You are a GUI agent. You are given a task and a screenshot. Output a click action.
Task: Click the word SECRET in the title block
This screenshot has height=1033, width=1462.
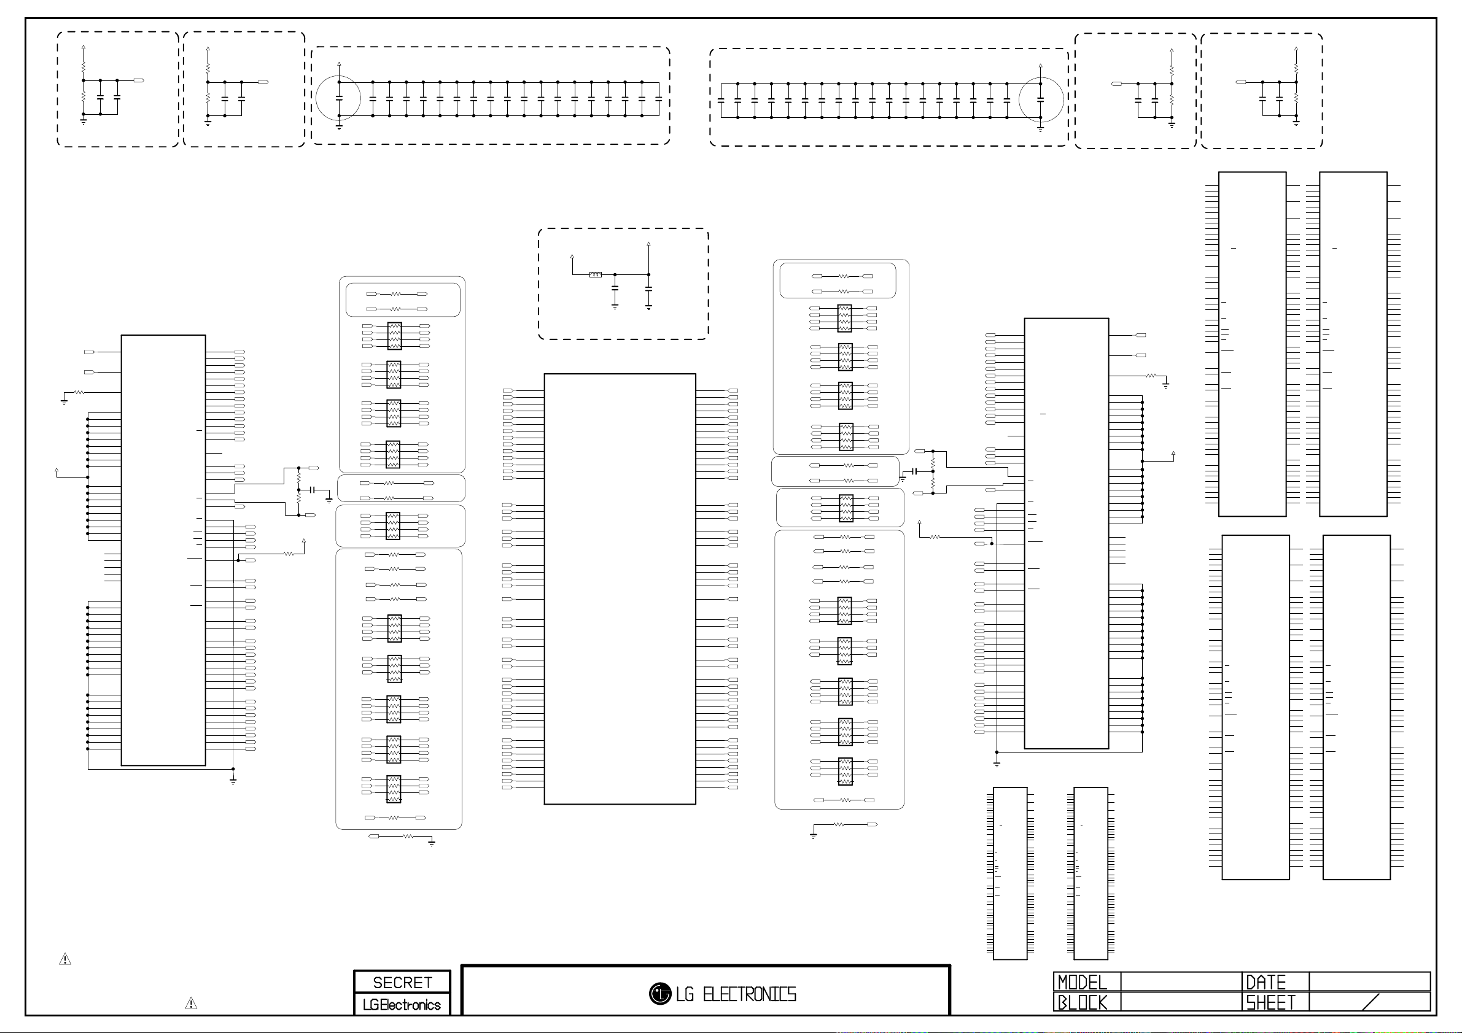402,983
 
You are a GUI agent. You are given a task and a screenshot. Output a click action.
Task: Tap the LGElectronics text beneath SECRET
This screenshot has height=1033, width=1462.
402,1005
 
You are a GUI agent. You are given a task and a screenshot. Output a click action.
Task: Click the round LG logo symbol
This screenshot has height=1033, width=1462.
659,994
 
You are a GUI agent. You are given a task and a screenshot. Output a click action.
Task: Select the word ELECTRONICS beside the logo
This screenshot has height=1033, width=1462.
749,994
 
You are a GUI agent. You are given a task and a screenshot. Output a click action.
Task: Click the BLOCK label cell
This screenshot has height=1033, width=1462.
1082,1002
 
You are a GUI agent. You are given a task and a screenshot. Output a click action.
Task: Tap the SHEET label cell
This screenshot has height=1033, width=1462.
1270,1002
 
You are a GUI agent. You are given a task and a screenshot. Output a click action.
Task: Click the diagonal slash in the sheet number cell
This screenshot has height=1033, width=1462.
1371,1002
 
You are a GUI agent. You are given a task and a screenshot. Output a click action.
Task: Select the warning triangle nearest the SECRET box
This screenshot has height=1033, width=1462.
190,1004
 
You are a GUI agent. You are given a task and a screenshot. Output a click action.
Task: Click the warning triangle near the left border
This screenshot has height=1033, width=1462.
65,959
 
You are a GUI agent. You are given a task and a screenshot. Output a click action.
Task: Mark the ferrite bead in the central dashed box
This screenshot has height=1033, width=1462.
596,274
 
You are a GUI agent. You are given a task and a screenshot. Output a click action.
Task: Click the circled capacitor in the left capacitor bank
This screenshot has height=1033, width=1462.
339,98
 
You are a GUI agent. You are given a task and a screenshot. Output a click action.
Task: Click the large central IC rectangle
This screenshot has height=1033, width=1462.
620,589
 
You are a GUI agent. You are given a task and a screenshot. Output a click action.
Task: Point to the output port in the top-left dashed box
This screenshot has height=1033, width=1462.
139,81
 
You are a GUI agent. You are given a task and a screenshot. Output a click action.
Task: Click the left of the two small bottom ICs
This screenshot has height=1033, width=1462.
1010,873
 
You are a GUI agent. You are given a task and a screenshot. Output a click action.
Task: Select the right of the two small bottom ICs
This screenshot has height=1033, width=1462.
1091,873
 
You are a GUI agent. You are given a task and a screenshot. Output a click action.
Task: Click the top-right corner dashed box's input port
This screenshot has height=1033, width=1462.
1240,82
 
